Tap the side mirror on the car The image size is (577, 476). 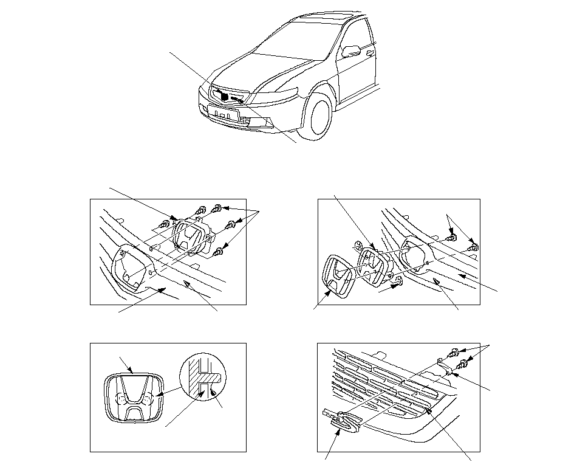[x=350, y=50]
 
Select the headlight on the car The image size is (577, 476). [x=277, y=95]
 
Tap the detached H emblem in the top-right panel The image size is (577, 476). [x=338, y=277]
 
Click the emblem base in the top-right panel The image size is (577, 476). [x=373, y=267]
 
